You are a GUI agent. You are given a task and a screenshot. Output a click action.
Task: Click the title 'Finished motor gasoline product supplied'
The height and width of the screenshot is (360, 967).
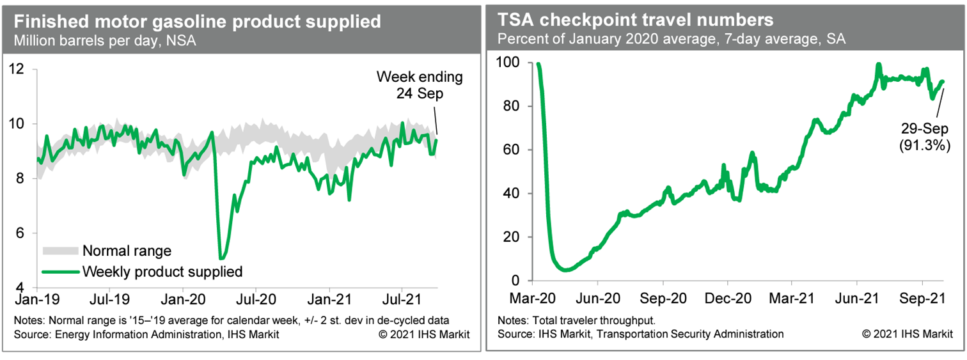click(197, 22)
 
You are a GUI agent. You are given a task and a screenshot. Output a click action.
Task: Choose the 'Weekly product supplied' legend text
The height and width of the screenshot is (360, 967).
click(162, 271)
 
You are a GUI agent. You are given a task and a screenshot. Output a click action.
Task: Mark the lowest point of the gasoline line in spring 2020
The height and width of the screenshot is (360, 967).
click(221, 258)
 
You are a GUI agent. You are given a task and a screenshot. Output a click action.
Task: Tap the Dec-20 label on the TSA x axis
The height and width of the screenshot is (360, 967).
click(728, 298)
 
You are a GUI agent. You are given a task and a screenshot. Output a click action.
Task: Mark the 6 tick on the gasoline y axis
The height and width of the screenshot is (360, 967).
click(24, 233)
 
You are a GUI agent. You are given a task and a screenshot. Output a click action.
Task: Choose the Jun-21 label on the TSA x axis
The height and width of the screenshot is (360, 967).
click(856, 298)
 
